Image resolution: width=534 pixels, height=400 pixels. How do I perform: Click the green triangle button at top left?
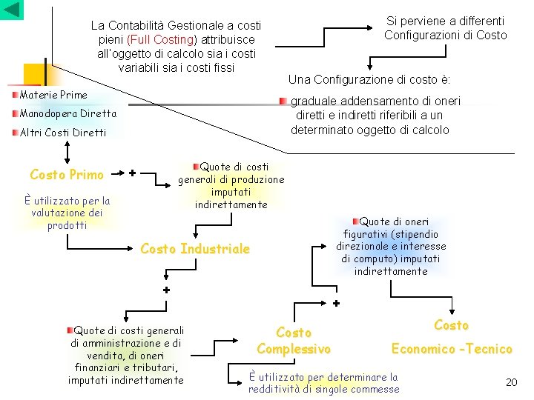pos(12,10)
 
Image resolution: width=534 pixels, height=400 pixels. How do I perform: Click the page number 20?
pos(511,382)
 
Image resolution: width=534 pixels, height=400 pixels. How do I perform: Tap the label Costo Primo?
pos(67,175)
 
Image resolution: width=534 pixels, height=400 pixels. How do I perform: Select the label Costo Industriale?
pos(195,249)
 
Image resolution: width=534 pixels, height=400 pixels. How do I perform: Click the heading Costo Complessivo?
pos(294,341)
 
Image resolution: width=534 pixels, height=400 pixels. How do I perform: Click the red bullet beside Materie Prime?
pos(16,95)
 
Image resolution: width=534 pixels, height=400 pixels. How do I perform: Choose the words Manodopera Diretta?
pos(68,114)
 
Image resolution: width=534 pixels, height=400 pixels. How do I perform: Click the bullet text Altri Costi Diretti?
pos(63,133)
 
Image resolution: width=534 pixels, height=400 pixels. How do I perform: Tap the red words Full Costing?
pos(162,39)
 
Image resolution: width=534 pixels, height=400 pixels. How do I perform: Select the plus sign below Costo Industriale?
pos(167,290)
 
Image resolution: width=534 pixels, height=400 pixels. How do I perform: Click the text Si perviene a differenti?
pos(445,21)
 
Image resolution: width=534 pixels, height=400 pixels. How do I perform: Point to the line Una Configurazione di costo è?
pos(369,79)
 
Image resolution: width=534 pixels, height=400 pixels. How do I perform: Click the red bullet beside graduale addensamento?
pos(283,101)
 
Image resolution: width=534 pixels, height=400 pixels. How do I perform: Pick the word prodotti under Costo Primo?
pos(67,225)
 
